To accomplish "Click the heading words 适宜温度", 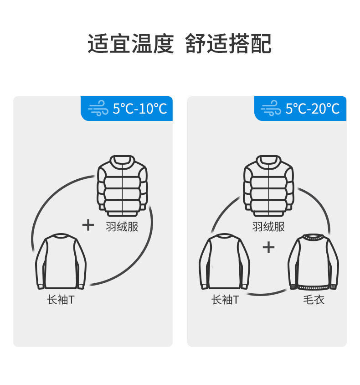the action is [x=131, y=44].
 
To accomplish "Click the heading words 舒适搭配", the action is [x=228, y=44].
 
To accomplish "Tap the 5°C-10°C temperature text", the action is [x=140, y=109].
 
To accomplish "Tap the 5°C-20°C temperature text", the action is [x=313, y=109].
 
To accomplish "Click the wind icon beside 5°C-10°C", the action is [x=98, y=109].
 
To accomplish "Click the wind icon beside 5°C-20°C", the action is [x=271, y=109].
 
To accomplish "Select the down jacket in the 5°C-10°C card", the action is [x=122, y=186].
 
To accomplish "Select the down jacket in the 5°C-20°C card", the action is [x=269, y=186].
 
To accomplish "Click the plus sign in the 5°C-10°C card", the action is [x=88, y=224].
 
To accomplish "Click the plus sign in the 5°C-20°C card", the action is [x=269, y=247].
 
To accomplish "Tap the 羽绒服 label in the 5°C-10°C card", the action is [x=122, y=226].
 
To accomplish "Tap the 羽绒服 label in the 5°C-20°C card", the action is [x=268, y=226].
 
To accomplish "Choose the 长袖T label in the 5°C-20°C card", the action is [x=224, y=300].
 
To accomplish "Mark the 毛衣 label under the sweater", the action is [x=314, y=300].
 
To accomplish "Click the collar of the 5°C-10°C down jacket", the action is [x=122, y=161].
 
